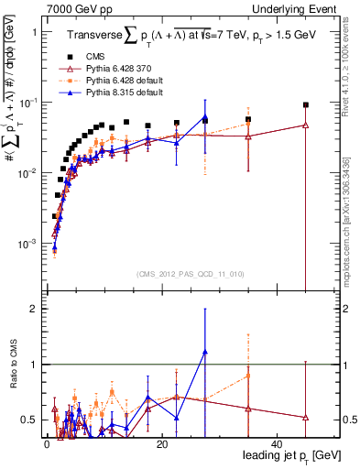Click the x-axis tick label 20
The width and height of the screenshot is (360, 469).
coord(161,444)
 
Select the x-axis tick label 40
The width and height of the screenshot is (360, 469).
coord(277,444)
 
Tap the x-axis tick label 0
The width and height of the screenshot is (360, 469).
coord(46,444)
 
